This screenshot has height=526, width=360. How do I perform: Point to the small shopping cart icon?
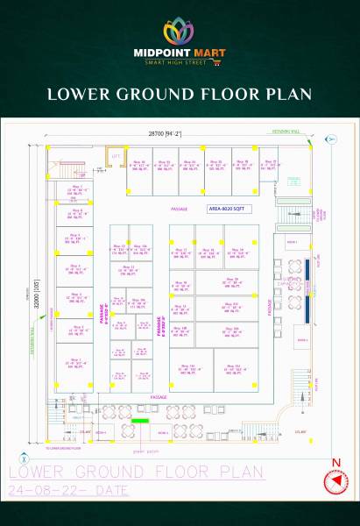point(226,62)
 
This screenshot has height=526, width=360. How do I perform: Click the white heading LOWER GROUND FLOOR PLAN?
point(180,94)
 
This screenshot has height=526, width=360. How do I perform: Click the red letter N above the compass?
point(335,462)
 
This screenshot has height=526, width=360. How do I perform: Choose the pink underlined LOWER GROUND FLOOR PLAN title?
point(136,472)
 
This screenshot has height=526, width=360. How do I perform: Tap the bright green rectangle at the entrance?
point(139,423)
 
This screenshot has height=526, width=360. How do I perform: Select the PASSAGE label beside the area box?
point(180,210)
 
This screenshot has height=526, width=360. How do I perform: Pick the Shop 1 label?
point(74,360)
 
